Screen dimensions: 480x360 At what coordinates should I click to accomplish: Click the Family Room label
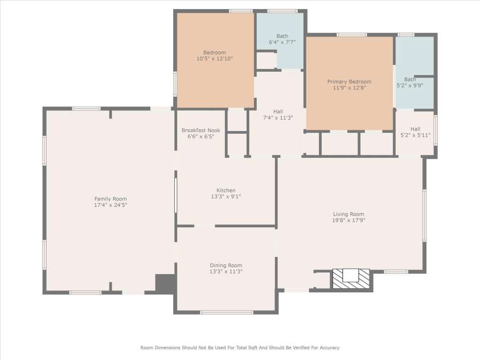110,199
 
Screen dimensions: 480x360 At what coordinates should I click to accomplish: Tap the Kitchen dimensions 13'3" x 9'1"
226,197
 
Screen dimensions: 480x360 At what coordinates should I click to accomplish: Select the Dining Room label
226,265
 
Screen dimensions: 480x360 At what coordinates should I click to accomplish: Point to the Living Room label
348,214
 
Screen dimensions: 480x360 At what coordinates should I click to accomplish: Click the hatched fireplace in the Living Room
351,279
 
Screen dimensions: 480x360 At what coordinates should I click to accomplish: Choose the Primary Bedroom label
349,81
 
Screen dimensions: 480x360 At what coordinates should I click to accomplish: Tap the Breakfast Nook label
201,130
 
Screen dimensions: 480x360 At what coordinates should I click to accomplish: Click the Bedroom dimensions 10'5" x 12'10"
215,59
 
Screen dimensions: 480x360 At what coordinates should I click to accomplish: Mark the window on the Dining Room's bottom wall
227,312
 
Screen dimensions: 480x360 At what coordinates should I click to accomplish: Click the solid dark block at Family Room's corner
165,284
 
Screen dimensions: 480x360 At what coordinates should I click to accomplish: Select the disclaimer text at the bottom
240,348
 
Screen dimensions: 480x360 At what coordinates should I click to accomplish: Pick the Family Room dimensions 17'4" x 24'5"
110,205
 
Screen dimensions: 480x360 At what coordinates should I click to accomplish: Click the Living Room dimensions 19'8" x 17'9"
348,220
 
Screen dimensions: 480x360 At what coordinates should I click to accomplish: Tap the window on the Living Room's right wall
425,215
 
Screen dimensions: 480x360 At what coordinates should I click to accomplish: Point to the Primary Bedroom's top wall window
352,35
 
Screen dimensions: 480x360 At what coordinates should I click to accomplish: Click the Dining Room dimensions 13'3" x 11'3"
226,272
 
